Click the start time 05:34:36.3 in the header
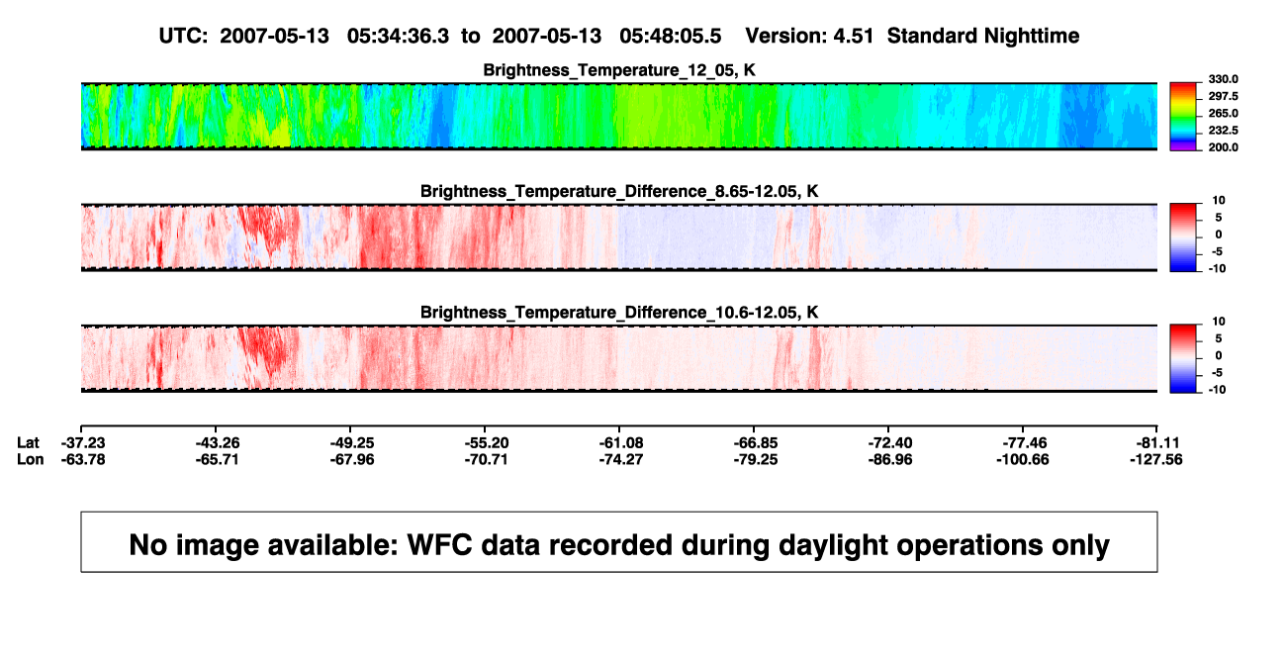pos(398,36)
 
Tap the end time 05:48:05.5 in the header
pos(670,36)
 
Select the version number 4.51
pos(853,36)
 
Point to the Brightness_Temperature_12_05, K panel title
pos(619,70)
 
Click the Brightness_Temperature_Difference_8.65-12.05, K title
pos(619,191)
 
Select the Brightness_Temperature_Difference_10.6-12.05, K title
pos(619,313)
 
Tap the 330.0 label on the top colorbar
pos(1223,79)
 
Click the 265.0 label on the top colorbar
pos(1223,113)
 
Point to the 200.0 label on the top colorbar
pos(1223,147)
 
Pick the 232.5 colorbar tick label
pos(1223,131)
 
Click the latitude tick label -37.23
pos(83,443)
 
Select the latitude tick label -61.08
pos(621,443)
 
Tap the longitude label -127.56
pos(1156,459)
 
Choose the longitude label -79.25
pos(756,459)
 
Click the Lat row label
pos(28,443)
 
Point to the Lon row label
pos(30,459)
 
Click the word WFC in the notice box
pos(440,544)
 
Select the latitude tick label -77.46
pos(1025,443)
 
